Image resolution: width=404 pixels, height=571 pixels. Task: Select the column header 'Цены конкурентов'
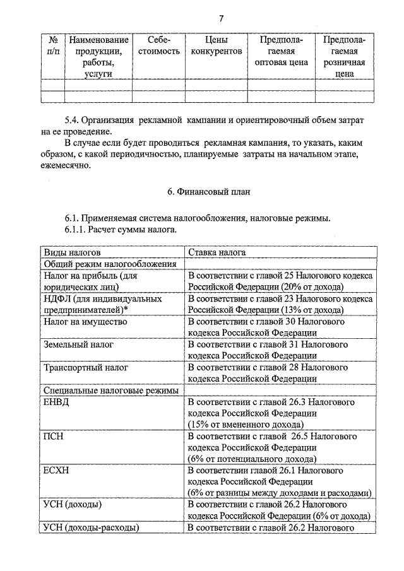[x=215, y=45]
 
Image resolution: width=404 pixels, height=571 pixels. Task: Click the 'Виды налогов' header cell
[x=71, y=252]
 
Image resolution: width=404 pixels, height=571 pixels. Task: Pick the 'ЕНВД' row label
[x=56, y=401]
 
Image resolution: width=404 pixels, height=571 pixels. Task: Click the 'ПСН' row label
[x=54, y=436]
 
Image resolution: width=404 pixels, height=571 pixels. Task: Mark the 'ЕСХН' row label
[x=57, y=470]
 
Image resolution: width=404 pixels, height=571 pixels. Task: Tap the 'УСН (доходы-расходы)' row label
[x=91, y=527]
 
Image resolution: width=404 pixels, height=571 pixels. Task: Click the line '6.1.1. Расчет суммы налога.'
[x=121, y=230]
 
